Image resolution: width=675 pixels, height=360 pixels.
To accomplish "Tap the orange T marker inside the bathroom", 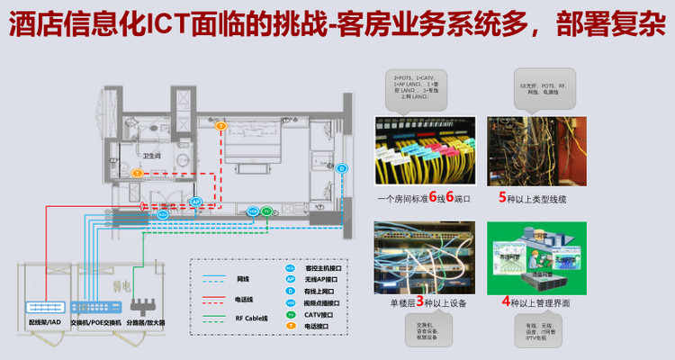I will point(137,173).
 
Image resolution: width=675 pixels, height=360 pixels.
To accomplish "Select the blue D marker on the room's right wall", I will point(342,168).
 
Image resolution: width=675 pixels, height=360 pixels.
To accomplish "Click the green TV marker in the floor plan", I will point(266,211).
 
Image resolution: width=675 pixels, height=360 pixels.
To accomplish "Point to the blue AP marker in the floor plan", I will point(195,202).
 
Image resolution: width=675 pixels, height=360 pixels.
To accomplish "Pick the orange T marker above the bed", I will point(221,126).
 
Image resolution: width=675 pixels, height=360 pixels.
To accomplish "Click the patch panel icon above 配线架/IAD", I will point(43,308).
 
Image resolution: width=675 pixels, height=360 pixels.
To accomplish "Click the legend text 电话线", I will point(243,299).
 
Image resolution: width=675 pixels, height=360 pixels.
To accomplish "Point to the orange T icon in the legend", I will point(290,327).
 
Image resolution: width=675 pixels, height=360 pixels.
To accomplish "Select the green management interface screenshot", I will point(536,258).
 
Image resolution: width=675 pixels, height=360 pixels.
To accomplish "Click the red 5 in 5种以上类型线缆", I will point(502,197).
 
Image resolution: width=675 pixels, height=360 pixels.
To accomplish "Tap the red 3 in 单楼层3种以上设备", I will point(419,302).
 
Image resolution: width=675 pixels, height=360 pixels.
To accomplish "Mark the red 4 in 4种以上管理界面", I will point(506,302).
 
